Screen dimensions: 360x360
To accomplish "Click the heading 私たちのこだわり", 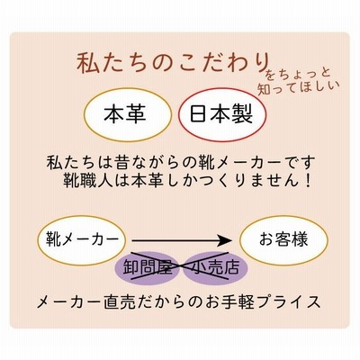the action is (x=172, y=63).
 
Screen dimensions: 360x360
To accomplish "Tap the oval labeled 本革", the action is (x=128, y=114).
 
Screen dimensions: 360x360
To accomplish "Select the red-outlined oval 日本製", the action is (x=222, y=114).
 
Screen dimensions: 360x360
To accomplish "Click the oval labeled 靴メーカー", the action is (x=82, y=240).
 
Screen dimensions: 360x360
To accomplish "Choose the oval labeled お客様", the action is (x=283, y=240).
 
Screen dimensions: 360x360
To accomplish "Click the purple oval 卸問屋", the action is (x=148, y=267).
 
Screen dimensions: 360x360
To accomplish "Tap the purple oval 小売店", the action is (x=215, y=267).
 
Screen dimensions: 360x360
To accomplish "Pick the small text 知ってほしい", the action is (x=298, y=88).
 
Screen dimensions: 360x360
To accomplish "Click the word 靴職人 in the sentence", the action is (x=88, y=181).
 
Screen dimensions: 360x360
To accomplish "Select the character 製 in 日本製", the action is (x=242, y=114).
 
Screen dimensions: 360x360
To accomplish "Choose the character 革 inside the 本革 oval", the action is (x=138, y=114).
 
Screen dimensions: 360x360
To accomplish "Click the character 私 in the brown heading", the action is (x=87, y=63).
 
